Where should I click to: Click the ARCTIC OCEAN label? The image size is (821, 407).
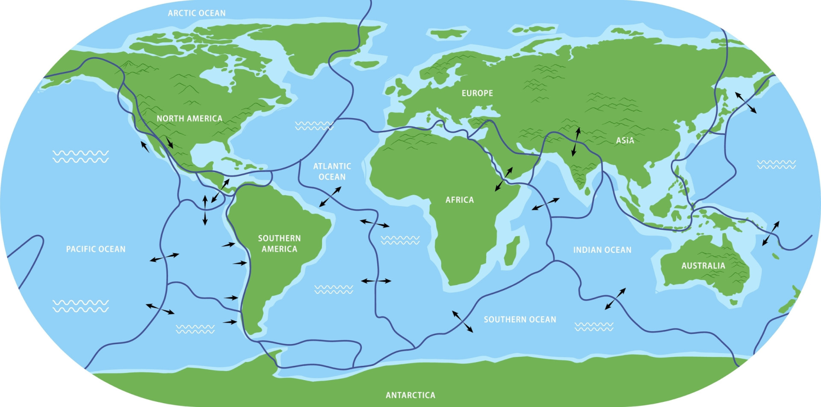pyautogui.click(x=196, y=13)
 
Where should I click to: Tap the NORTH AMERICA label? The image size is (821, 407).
pyautogui.click(x=189, y=119)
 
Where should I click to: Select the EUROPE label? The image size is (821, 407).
pyautogui.click(x=477, y=93)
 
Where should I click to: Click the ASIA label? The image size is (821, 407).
pyautogui.click(x=625, y=140)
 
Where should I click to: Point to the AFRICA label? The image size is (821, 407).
pyautogui.click(x=459, y=200)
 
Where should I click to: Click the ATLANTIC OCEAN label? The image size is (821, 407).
pyautogui.click(x=332, y=171)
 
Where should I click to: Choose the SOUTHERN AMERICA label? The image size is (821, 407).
pyautogui.click(x=279, y=244)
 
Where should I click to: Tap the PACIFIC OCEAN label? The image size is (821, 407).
pyautogui.click(x=96, y=249)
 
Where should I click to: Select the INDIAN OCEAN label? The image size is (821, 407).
pyautogui.click(x=602, y=250)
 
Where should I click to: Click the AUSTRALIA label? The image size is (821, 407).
pyautogui.click(x=703, y=266)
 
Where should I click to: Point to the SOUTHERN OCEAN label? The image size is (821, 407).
pyautogui.click(x=520, y=319)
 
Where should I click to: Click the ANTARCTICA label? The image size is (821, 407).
pyautogui.click(x=410, y=395)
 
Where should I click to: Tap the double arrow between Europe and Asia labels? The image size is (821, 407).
pyautogui.click(x=576, y=142)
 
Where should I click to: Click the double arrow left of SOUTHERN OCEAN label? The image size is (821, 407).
pyautogui.click(x=463, y=322)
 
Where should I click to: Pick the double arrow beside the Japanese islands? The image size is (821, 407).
pyautogui.click(x=746, y=103)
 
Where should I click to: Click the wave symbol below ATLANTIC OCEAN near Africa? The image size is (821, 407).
pyautogui.click(x=400, y=240)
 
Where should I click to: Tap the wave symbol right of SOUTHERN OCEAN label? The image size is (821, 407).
pyautogui.click(x=594, y=327)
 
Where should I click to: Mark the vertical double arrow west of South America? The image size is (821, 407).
pyautogui.click(x=205, y=210)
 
